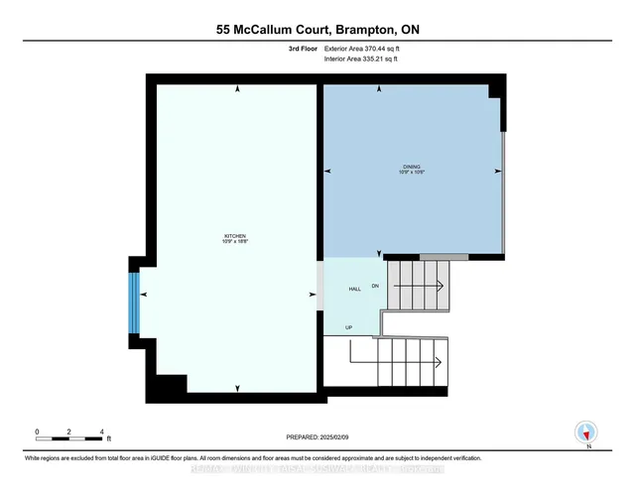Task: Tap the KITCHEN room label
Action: coord(235,239)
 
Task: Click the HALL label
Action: coord(354,289)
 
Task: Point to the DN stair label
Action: coord(375,286)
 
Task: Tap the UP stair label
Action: coord(349,326)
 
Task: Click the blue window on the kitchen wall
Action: coord(134,295)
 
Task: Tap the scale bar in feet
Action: coord(70,437)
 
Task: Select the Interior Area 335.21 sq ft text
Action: coord(368,60)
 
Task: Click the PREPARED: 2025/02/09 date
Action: coord(317,436)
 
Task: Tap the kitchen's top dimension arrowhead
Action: coord(236,90)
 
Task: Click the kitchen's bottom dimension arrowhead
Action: coord(236,387)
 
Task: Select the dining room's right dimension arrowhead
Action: coord(496,171)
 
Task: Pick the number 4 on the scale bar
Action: coord(102,431)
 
